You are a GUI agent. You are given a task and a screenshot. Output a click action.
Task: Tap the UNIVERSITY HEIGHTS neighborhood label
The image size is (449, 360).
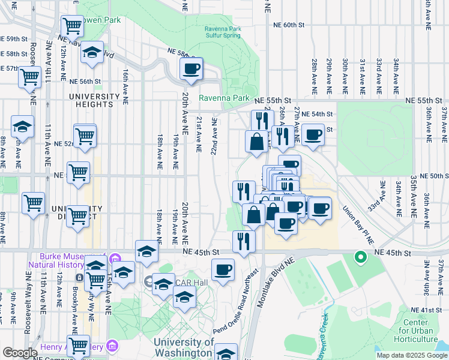pos(94,100)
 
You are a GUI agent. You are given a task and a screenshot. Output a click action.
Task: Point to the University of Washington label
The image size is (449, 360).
pos(184,347)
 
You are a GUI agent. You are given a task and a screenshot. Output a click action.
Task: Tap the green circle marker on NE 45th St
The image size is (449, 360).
pos(360,258)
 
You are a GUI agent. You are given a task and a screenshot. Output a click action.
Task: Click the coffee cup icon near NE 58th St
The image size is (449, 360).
pos(191,69)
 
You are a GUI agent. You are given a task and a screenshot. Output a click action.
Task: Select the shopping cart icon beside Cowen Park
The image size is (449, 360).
pos(72,26)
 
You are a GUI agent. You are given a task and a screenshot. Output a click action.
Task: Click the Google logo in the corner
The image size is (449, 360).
pos(20,353)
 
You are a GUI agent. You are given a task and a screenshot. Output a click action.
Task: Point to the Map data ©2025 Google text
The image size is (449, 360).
pos(411,355)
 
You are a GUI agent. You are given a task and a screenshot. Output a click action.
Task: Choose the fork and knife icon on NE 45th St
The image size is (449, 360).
pos(244,241)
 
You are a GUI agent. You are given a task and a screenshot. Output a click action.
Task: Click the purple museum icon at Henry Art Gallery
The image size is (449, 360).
pos(111,346)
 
